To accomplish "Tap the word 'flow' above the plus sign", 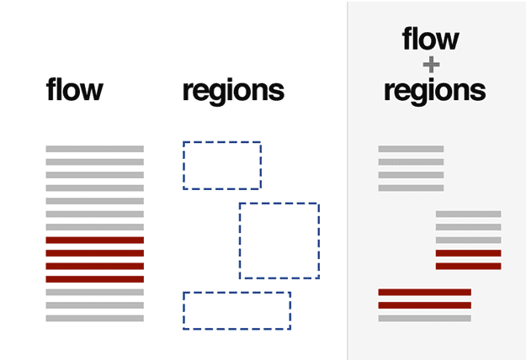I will coord(431,39).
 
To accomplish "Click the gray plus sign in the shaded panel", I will coord(432,64).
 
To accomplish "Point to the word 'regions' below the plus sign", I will coord(434,91).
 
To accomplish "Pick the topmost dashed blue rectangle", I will coord(222,165).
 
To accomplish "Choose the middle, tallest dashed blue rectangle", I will coord(279,241).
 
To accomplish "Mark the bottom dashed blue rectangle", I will coord(236,310).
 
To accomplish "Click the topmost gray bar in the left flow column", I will coord(94,149).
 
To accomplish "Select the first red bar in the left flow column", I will coord(94,241).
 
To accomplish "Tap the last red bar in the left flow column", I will coord(94,279).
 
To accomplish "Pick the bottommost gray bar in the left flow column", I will coord(94,319).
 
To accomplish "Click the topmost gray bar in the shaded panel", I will coord(411,149).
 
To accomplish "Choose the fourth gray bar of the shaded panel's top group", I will coord(411,188).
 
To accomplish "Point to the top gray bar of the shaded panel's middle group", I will coord(468,214).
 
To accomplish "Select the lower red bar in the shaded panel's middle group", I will coord(468,267).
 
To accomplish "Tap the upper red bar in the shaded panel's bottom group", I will coord(424,293).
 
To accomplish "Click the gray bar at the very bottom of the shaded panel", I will coord(424,319).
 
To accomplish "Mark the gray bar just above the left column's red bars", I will coord(94,227).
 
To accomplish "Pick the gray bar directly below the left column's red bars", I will coord(94,293).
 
